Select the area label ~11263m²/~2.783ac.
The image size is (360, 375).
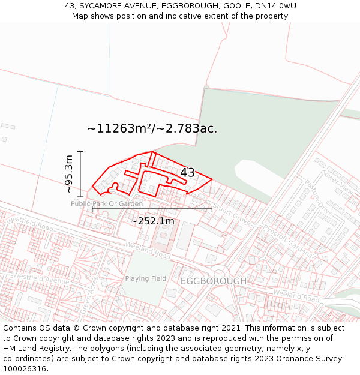pos(152,128)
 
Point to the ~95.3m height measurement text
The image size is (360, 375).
pos(69,174)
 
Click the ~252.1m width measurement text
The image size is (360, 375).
pos(152,221)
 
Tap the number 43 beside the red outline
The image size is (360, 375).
pos(187,173)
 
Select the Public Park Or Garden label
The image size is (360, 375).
pos(107,204)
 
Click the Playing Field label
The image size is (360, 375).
pos(146,278)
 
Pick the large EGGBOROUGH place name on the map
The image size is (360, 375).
pos(214,281)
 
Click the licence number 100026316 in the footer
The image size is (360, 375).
pos(26,369)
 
